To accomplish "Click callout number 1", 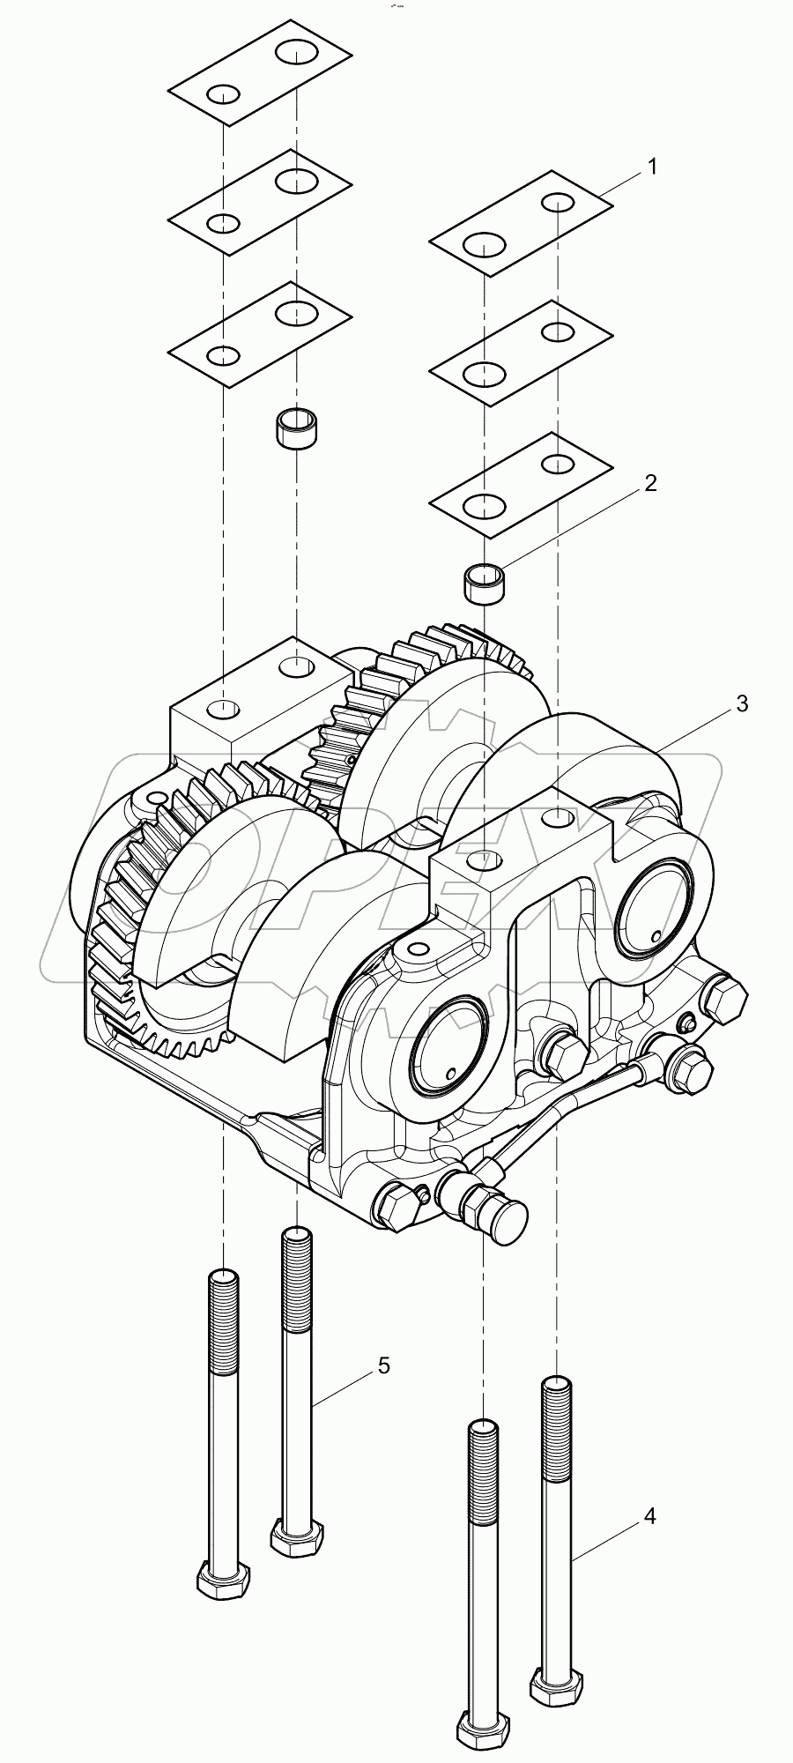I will click(x=652, y=167).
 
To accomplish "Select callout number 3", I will click(x=742, y=703).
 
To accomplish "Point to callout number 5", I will click(x=382, y=1365).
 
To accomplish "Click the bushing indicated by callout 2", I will click(x=484, y=584).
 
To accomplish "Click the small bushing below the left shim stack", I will click(x=297, y=428).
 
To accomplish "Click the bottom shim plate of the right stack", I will click(x=521, y=484).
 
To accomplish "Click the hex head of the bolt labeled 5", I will click(x=297, y=1538).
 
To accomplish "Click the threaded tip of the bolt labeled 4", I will click(x=558, y=1391).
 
